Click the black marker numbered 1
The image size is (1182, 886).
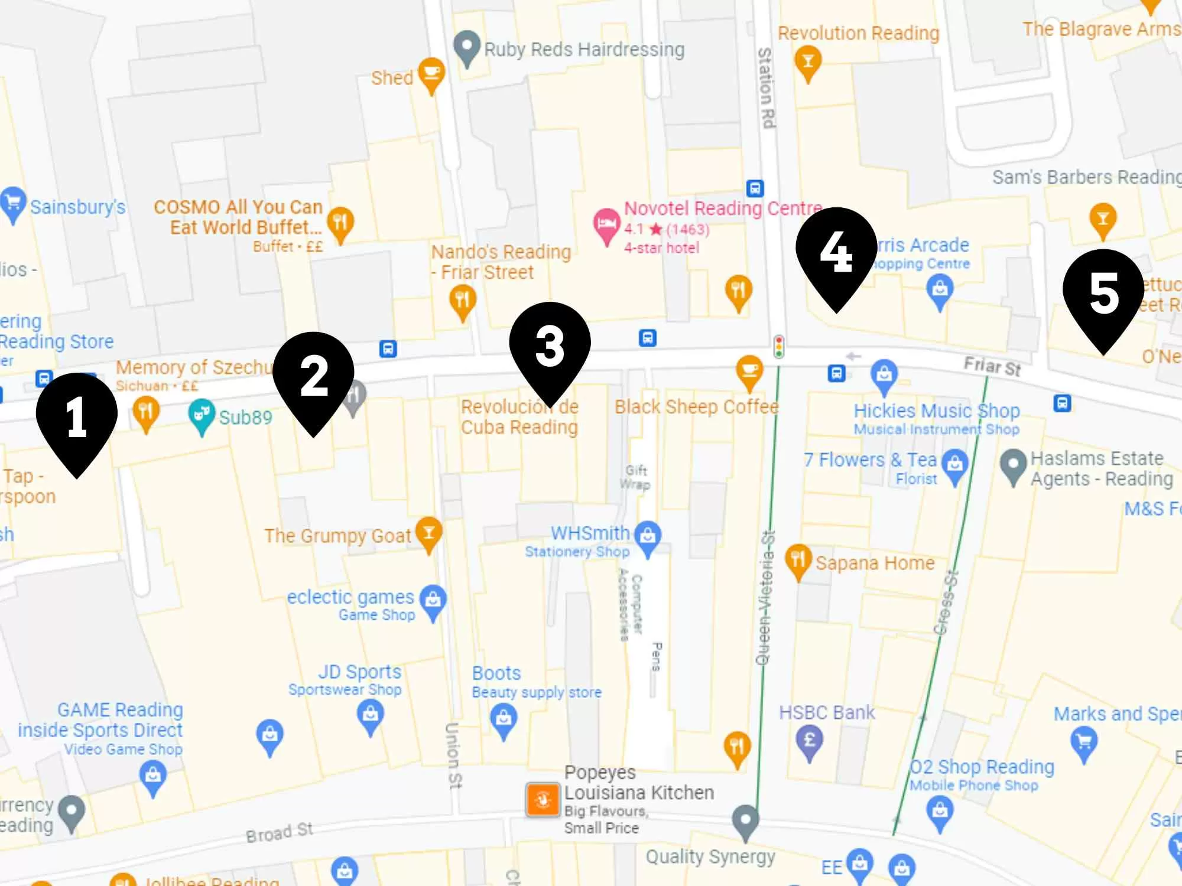pyautogui.click(x=77, y=416)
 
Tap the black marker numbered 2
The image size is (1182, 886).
pyautogui.click(x=313, y=376)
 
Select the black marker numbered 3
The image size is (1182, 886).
pyautogui.click(x=550, y=346)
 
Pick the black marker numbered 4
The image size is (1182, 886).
pyautogui.click(x=836, y=251)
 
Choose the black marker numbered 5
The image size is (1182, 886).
pyautogui.click(x=1103, y=293)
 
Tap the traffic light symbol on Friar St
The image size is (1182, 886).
pyautogui.click(x=779, y=347)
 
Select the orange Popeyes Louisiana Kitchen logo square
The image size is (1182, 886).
pyautogui.click(x=543, y=800)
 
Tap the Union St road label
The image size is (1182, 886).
pyautogui.click(x=453, y=755)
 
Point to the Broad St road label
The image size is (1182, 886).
pyautogui.click(x=280, y=832)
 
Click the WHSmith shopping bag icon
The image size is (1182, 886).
pyautogui.click(x=648, y=536)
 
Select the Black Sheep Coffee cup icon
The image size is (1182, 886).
pyautogui.click(x=749, y=370)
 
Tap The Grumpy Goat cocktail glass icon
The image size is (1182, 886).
pyautogui.click(x=429, y=532)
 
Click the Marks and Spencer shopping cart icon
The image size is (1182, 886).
pyautogui.click(x=1084, y=742)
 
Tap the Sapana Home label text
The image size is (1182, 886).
pyautogui.click(x=875, y=563)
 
